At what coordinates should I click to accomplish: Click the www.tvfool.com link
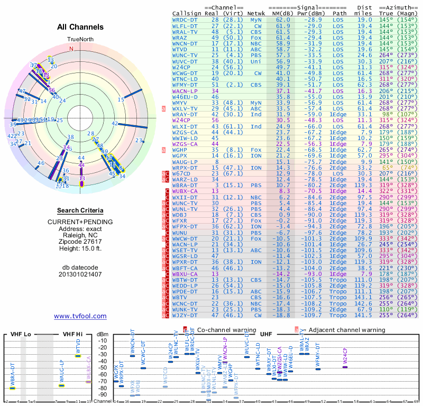click(x=80, y=316)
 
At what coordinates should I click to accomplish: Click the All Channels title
click(x=80, y=27)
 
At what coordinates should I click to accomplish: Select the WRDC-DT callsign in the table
click(x=185, y=19)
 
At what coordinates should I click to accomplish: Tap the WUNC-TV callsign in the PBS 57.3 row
click(x=185, y=55)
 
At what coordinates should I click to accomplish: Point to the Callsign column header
click(x=187, y=13)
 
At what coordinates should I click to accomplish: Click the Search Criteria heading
click(x=80, y=210)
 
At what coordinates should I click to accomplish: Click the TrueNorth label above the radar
click(x=80, y=40)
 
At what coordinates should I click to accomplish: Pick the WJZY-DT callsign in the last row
click(x=185, y=316)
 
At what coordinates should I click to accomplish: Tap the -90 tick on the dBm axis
click(x=103, y=394)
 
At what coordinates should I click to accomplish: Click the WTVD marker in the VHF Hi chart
click(x=78, y=355)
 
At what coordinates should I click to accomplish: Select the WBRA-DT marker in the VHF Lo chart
click(x=12, y=387)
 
